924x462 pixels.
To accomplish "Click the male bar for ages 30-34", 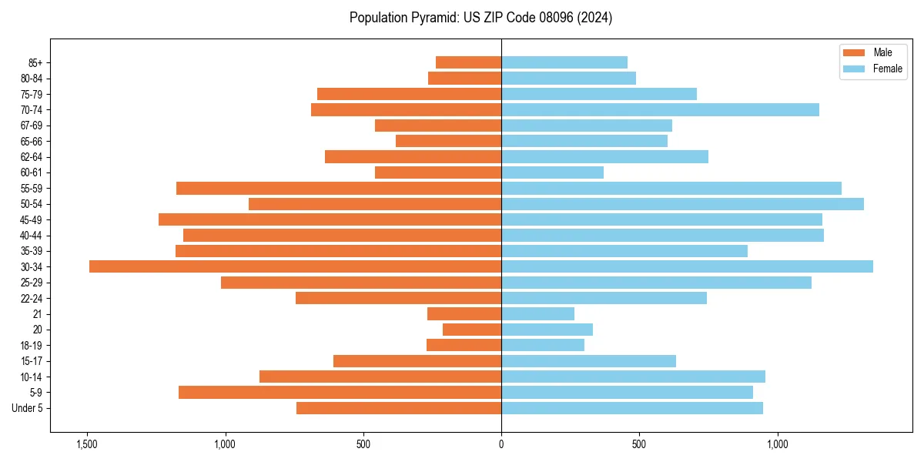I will (295, 266).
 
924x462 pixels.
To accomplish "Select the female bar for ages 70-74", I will (660, 109).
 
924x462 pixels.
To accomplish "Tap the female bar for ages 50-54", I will (682, 204).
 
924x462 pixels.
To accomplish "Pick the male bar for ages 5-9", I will (340, 392).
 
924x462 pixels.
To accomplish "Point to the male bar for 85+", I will (468, 62).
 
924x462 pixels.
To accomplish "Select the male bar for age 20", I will (472, 330).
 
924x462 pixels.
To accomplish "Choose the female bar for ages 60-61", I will (552, 172).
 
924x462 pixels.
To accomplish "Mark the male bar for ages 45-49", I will (330, 219).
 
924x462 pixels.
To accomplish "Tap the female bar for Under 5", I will (631, 408).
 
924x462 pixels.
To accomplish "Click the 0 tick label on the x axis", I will (501, 444).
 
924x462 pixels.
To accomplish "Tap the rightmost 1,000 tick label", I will (777, 444).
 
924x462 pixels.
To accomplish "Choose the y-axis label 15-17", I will (32, 361).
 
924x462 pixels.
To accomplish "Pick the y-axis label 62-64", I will (32, 157).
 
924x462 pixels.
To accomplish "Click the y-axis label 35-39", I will (32, 251).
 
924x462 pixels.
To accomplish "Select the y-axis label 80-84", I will (32, 79).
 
